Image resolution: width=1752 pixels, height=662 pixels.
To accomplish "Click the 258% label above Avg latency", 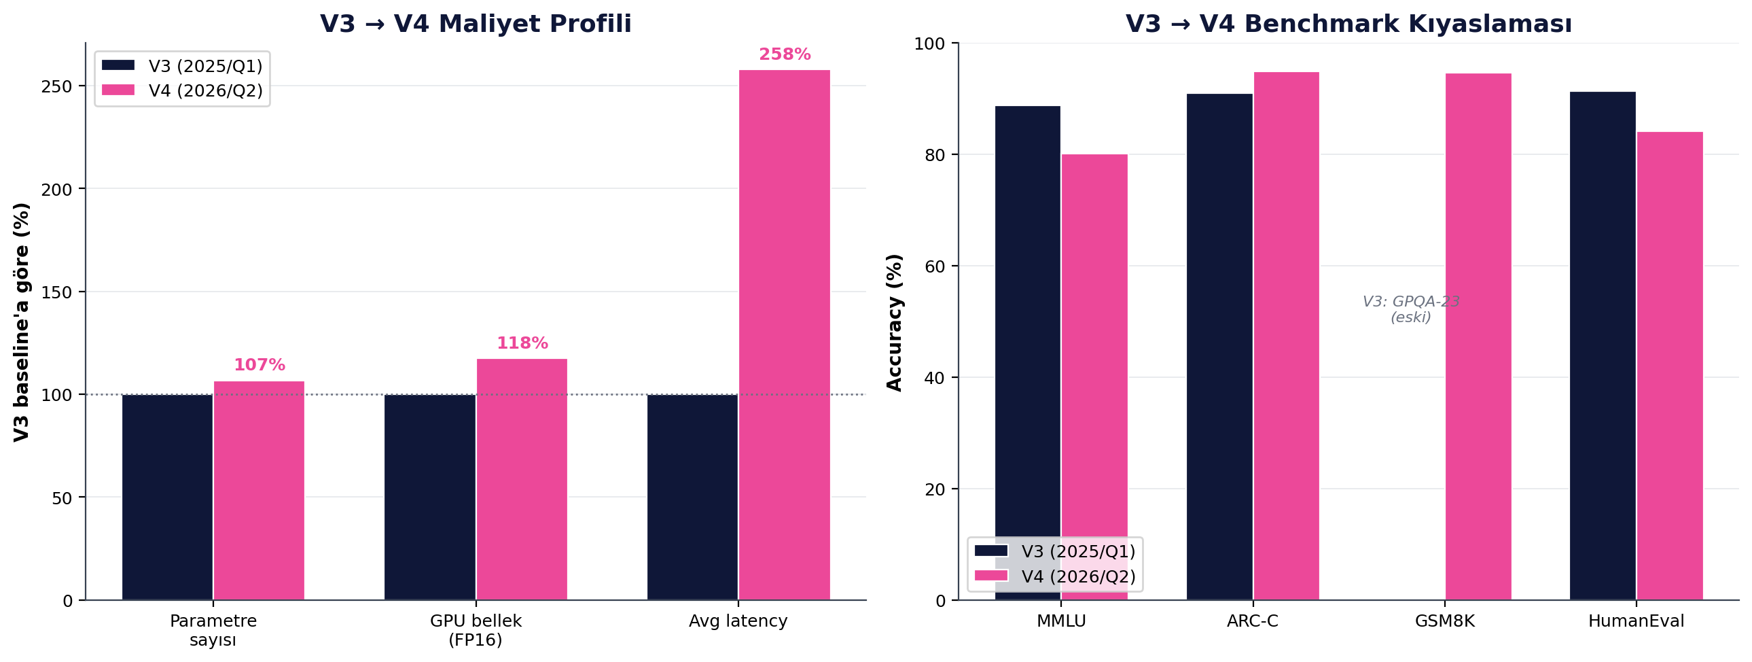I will click(784, 54).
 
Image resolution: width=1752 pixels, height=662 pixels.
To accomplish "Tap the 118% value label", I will click(522, 344).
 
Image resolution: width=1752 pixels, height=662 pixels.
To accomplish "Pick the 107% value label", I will click(259, 366).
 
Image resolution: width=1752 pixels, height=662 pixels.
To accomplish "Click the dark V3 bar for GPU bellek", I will click(430, 497).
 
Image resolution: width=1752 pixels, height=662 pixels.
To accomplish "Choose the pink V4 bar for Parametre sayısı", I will click(259, 490).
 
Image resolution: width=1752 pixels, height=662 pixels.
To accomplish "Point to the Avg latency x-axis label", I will click(738, 621).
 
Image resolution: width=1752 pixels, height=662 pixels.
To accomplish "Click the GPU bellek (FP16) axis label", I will click(476, 630).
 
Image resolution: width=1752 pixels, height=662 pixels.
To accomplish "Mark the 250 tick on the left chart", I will click(56, 86).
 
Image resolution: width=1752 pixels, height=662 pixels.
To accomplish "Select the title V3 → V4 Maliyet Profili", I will click(476, 24).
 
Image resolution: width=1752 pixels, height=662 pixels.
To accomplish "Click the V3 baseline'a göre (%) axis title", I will click(22, 321).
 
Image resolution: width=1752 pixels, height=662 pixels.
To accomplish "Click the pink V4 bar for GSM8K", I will click(1478, 337).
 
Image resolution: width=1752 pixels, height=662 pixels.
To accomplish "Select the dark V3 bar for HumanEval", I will click(1603, 346).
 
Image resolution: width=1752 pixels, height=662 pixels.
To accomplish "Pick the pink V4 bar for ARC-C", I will click(1286, 336).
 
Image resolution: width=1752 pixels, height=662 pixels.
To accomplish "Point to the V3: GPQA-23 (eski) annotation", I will click(1410, 309).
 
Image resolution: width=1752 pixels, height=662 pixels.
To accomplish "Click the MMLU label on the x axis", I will click(1061, 621).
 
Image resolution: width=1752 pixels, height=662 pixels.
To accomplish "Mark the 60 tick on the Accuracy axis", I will click(935, 266).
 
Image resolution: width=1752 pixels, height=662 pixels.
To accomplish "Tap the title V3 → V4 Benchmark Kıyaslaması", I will click(1348, 24).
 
